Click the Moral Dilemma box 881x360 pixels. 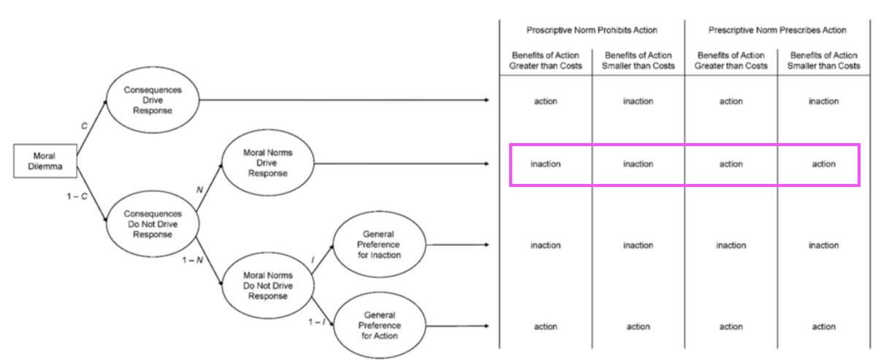point(45,161)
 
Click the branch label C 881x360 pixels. point(84,126)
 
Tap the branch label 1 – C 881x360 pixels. point(77,196)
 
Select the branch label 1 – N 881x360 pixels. point(193,260)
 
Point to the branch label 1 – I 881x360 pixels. point(317,322)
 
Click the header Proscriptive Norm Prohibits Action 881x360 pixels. point(592,30)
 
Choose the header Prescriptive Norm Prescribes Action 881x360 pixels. point(777,30)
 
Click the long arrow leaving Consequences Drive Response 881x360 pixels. point(344,100)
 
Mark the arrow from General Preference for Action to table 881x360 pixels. point(457,326)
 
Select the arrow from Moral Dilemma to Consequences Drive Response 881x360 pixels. point(91,128)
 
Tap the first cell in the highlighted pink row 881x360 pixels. point(546,164)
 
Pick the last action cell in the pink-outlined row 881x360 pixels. point(823,164)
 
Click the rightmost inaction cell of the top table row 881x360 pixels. point(823,102)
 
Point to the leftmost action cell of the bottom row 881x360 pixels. point(546,326)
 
